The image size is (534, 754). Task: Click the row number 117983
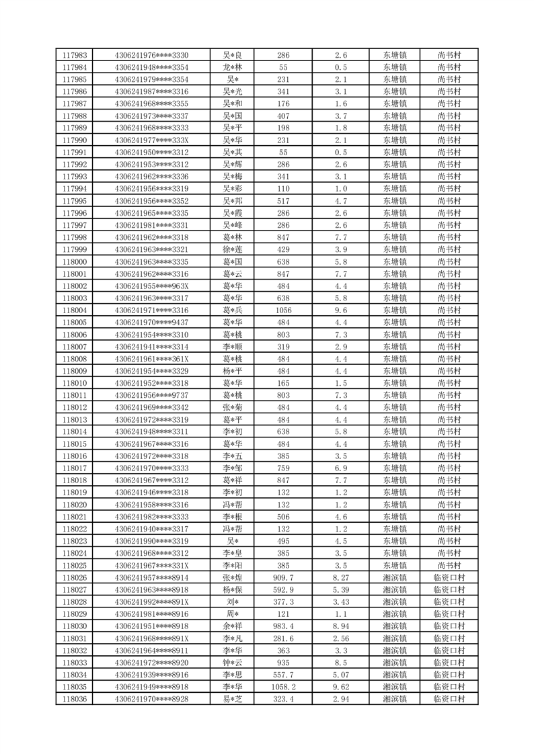click(x=74, y=55)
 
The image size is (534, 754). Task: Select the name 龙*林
click(x=233, y=67)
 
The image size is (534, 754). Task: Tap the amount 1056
click(x=283, y=310)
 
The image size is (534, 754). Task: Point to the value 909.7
click(x=283, y=578)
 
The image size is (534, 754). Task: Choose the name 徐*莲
click(x=233, y=249)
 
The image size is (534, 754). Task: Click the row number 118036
click(x=74, y=700)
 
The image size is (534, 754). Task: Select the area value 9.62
click(x=340, y=687)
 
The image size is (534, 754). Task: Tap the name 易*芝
click(x=233, y=700)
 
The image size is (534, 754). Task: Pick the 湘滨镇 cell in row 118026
click(x=395, y=578)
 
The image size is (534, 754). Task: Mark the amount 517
click(x=283, y=201)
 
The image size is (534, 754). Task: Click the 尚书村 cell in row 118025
click(x=449, y=566)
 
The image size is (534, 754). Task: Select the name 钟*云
click(x=233, y=663)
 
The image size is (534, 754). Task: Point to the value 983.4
click(x=283, y=626)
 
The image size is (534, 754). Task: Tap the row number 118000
click(x=74, y=261)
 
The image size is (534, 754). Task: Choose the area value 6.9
click(x=340, y=468)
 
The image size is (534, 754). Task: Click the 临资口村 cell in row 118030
click(x=449, y=626)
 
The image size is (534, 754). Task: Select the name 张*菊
click(x=233, y=407)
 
